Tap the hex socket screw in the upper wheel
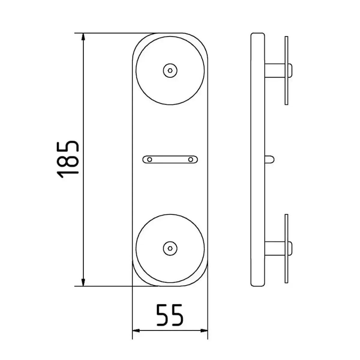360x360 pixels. coord(170,70)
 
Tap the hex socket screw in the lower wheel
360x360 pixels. coord(170,248)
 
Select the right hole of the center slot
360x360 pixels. coord(190,160)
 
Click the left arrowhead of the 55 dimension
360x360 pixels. coord(136,331)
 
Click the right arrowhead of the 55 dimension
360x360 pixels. coord(204,331)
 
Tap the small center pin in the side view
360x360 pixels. coord(269,159)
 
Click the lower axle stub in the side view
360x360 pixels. coord(274,248)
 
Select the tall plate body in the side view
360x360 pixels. coord(258,159)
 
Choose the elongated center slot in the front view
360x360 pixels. coord(170,160)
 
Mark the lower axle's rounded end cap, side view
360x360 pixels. coord(290,248)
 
